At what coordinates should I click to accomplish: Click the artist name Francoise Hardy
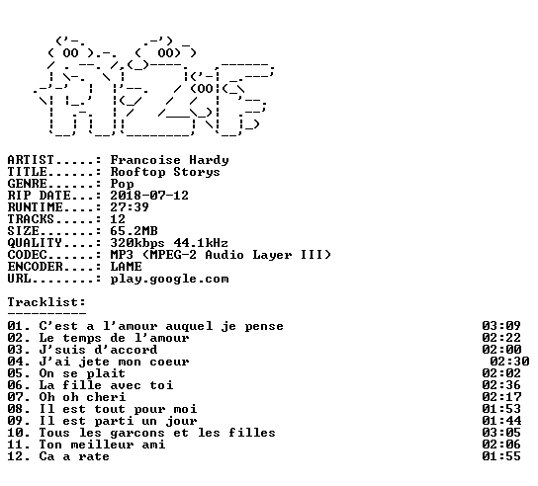coord(169,160)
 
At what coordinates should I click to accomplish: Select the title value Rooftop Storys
coord(165,172)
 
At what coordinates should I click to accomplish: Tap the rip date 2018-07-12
coord(149,196)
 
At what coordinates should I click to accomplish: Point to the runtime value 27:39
coord(130,207)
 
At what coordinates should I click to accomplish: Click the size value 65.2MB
coord(134,231)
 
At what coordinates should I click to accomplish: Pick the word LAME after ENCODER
coord(126,267)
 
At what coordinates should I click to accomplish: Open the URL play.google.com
coord(169,279)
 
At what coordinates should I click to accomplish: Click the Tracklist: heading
coord(46,302)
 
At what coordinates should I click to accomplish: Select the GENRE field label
coord(27,184)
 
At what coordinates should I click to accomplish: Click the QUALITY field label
coord(35,243)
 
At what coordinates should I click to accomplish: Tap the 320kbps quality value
coord(137,243)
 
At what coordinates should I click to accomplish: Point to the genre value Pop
coord(122,184)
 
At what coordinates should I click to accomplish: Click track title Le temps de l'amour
coord(114,338)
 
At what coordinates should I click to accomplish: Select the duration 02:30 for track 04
coord(509,362)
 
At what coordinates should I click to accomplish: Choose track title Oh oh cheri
coord(82,397)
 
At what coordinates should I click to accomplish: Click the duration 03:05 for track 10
coord(501,433)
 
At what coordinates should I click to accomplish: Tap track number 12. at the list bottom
coord(19,456)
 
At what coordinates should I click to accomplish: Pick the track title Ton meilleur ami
coord(102,445)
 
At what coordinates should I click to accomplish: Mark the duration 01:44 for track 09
coord(501,421)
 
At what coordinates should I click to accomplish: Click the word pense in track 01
coord(264,327)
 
